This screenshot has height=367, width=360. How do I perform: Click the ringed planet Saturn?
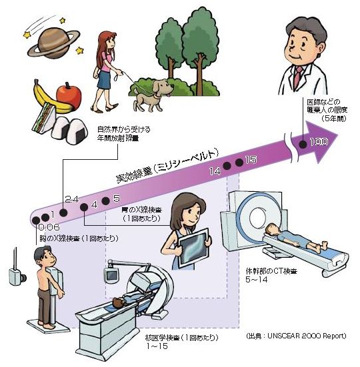tap(53, 44)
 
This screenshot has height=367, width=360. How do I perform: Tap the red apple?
tap(69, 96)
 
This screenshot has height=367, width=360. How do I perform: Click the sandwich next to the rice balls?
tap(43, 118)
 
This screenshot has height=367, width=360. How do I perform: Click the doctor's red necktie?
tap(299, 75)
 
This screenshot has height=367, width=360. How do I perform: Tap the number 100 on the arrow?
tap(319, 142)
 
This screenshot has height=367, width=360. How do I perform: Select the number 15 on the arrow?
tap(251, 160)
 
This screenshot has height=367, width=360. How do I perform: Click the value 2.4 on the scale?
tap(72, 199)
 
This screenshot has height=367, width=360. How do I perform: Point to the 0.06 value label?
tap(49, 227)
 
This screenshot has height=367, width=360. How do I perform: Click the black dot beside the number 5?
tap(105, 201)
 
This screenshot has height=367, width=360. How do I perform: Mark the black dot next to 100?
tap(303, 144)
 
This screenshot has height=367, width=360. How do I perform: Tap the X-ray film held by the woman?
tap(193, 248)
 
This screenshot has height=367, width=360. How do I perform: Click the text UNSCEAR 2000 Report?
tap(307, 336)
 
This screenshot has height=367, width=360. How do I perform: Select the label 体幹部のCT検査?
tap(271, 272)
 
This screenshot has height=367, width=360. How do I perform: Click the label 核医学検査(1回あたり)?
tap(182, 338)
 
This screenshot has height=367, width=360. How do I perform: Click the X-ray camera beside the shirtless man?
tap(17, 272)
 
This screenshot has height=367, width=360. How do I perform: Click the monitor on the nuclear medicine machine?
tap(112, 275)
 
